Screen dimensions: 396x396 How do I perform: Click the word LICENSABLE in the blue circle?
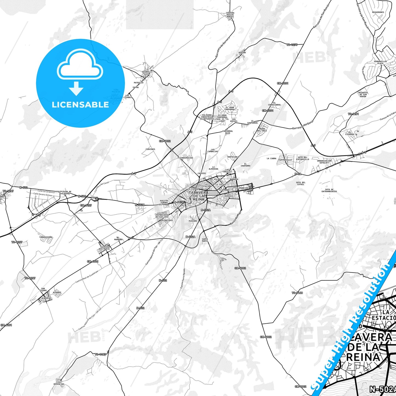point(80,104)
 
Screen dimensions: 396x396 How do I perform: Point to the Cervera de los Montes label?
point(230,15)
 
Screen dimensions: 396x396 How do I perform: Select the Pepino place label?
point(242,52)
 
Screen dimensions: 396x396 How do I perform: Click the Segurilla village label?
point(147,72)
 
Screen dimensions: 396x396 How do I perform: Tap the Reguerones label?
point(378,12)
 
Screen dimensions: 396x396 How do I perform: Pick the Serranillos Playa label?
point(380,62)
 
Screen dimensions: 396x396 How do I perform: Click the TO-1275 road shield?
point(292,45)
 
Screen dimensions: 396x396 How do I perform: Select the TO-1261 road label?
point(353,114)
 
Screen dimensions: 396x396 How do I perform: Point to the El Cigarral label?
point(350,133)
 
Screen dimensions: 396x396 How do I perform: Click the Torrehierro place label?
point(46,237)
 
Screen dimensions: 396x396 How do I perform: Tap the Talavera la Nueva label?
point(105,248)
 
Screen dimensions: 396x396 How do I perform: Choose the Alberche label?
point(46,298)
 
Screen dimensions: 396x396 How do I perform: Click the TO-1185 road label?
point(100,354)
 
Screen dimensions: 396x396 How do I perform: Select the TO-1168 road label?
point(297,293)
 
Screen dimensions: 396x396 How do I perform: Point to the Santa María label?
point(205,240)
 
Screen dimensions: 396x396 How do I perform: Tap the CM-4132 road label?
point(165,141)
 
